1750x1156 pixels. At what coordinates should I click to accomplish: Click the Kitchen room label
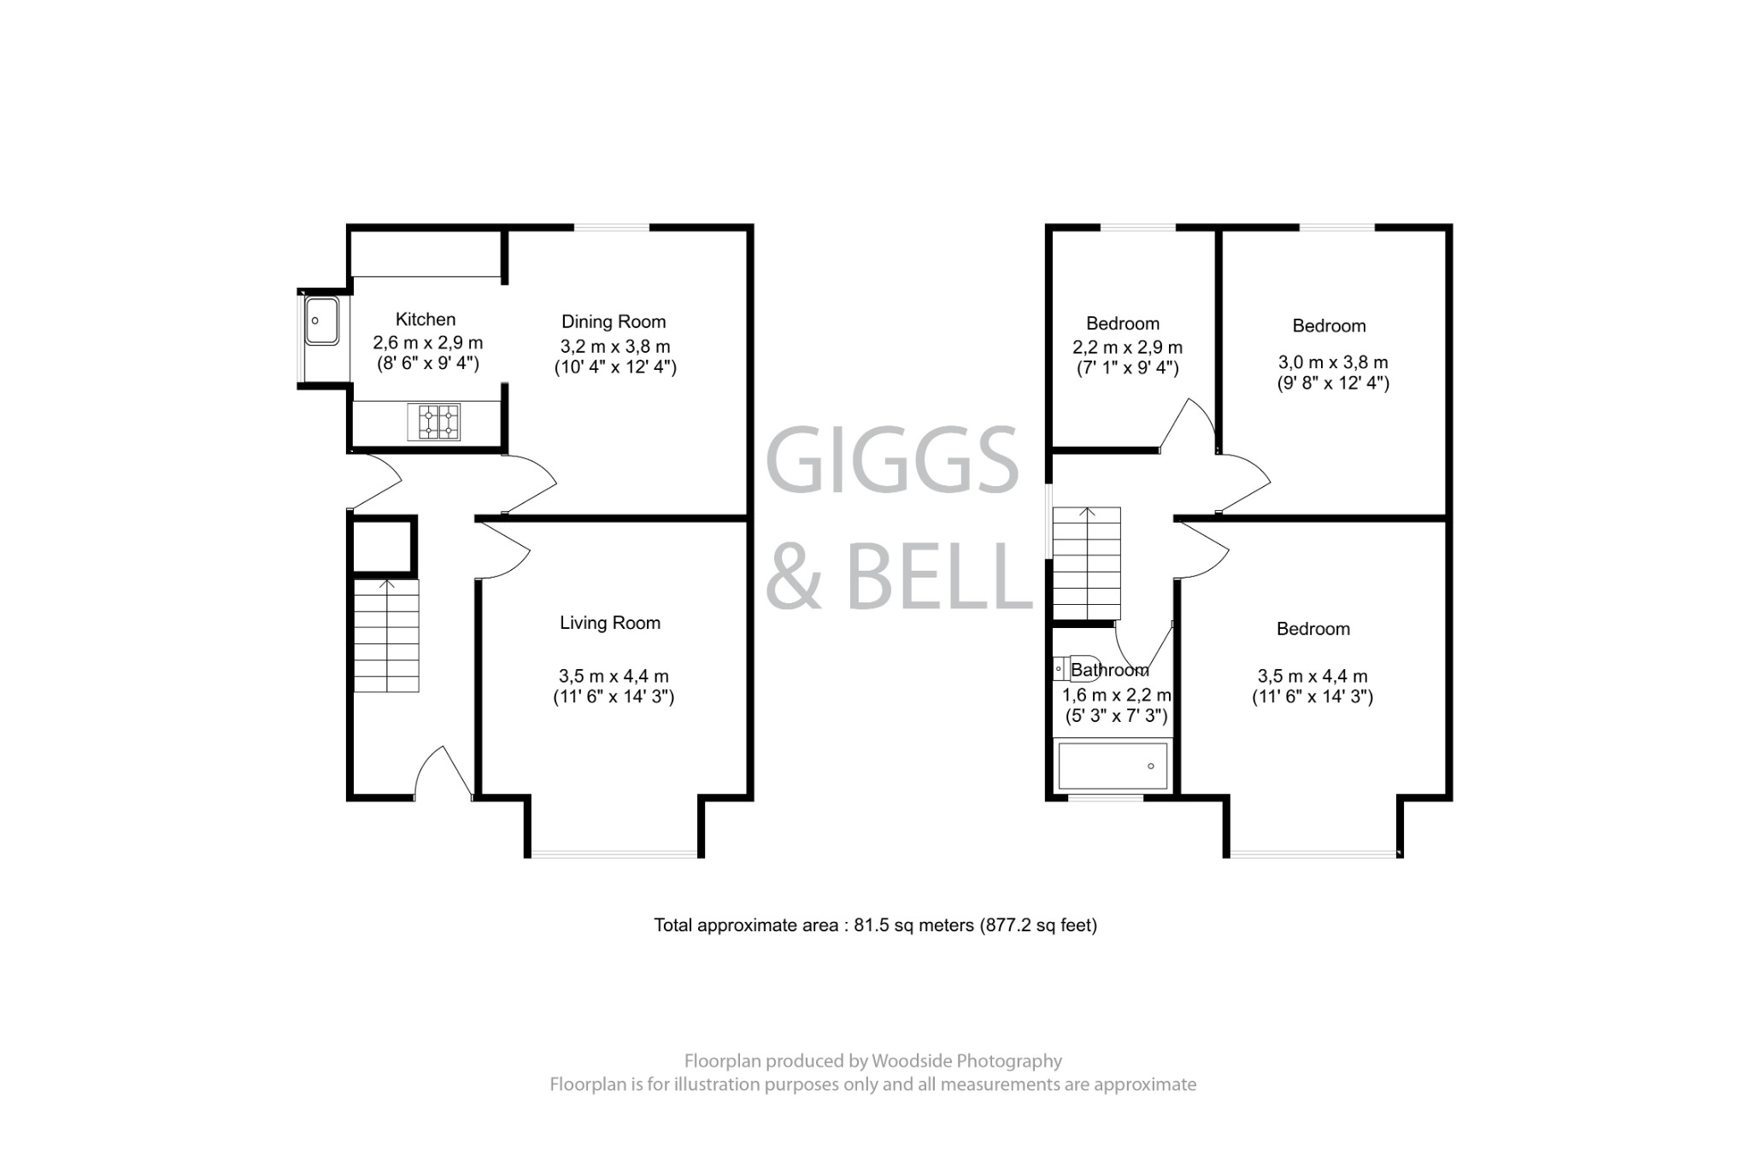[426, 320]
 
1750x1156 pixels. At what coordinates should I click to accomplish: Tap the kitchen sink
[321, 320]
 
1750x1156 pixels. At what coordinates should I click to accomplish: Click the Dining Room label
[614, 322]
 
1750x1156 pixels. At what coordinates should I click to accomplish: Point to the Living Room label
[610, 623]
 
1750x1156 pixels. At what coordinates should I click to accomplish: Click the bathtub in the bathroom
[1112, 766]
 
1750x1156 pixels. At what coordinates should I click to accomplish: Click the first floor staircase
[1086, 563]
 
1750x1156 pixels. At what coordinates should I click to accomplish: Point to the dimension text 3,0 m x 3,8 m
[1333, 362]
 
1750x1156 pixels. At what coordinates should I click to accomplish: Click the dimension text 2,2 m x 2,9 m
[1127, 348]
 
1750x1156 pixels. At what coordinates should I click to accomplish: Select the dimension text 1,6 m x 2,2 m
[1116, 695]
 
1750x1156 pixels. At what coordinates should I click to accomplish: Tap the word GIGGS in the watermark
[892, 461]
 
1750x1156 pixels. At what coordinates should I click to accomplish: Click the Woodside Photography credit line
[872, 1061]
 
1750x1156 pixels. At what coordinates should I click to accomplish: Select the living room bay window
[614, 853]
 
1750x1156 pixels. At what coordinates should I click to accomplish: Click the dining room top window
[612, 227]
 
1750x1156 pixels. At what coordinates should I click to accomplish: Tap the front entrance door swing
[443, 773]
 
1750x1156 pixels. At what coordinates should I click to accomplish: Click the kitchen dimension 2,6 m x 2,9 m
[427, 343]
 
